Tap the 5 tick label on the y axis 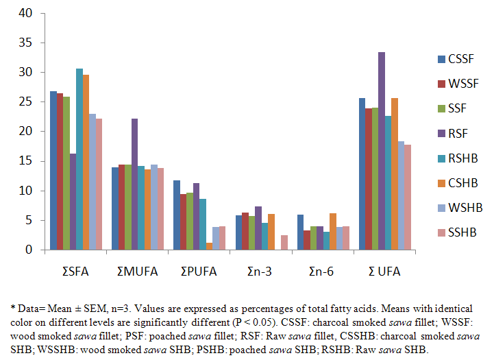click(x=29, y=221)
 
